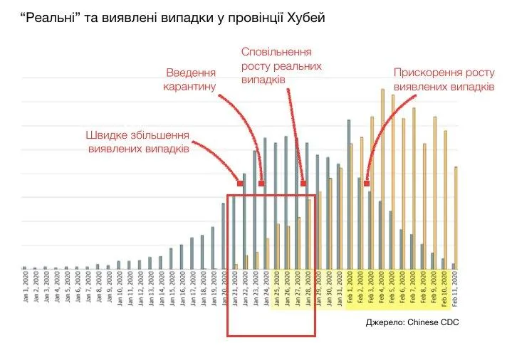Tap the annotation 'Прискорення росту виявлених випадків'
(444, 80)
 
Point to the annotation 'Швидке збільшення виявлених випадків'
(137, 142)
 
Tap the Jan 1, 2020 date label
(24, 288)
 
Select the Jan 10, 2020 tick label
(119, 288)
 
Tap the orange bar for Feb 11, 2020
(456, 218)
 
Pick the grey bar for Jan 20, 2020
(223, 236)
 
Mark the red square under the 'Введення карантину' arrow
(261, 184)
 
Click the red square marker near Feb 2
(366, 184)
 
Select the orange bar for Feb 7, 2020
(414, 189)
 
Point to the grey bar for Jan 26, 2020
(286, 203)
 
